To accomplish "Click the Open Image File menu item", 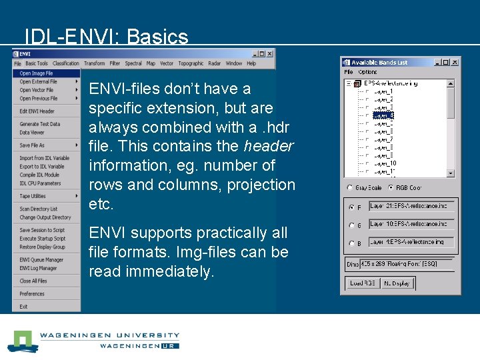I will [36, 73].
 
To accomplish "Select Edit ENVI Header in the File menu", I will [37, 111].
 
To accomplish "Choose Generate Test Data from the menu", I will [39, 124].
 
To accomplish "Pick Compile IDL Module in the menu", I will [40, 175].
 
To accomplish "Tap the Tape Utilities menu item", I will [33, 196].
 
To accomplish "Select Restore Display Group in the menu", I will [42, 247].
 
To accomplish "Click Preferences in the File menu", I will [32, 293].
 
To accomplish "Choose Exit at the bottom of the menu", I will [23, 307].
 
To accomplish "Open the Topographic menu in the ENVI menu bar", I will [191, 63].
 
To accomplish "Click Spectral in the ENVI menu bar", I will [133, 63].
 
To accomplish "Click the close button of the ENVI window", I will [270, 54].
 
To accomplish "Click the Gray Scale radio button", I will [351, 188].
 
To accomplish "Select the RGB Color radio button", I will [391, 188].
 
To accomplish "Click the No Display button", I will [397, 283].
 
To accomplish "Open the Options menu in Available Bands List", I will [368, 72].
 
